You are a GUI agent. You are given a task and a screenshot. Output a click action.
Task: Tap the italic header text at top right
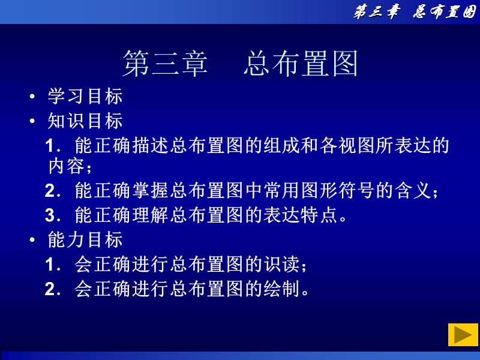[x=414, y=12]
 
